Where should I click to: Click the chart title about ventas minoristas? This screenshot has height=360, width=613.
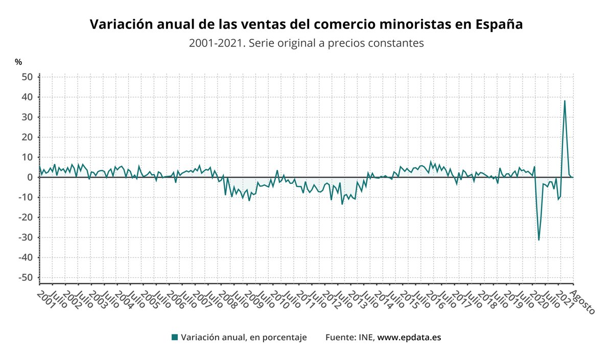coord(306,25)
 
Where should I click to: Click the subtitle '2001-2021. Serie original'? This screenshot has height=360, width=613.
coord(306,43)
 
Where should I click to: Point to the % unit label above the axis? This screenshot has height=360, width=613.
coord(18,62)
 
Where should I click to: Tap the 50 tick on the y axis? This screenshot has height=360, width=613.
coord(27,77)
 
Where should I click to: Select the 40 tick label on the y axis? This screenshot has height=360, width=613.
coord(27,97)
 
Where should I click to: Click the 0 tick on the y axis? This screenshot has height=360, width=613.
coord(30,177)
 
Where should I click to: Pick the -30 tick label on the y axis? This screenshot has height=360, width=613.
coord(26,237)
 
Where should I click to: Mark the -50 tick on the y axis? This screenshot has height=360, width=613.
coord(26,277)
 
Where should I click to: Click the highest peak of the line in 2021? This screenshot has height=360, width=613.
coord(564,101)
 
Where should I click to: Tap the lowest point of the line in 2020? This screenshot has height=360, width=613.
coord(539,240)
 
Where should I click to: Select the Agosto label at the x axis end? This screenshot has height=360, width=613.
coord(582,301)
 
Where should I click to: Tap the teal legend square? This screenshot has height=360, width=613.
coord(175,338)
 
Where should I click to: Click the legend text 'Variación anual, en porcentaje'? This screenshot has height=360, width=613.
coord(244,338)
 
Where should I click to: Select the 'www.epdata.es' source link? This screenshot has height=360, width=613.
coord(409,338)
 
